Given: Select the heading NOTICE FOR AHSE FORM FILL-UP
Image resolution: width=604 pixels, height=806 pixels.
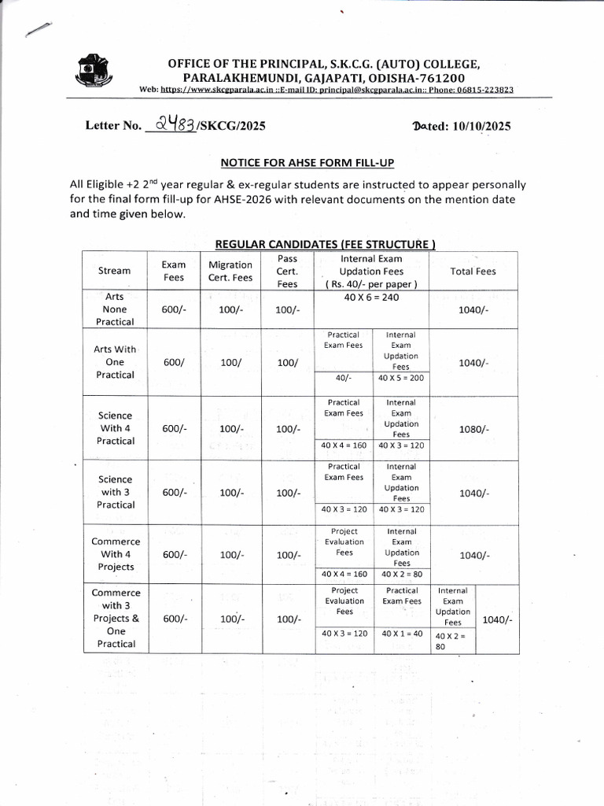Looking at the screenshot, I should (307, 162).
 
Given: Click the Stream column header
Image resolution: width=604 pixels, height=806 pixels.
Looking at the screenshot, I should (115, 271).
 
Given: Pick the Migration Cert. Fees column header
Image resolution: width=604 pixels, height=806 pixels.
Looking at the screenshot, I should (230, 271).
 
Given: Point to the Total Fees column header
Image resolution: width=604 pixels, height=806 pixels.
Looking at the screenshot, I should (473, 271).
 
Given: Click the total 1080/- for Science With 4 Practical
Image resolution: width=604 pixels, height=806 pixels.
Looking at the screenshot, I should (473, 429).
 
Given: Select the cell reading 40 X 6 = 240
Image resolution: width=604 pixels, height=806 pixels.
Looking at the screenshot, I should (371, 298).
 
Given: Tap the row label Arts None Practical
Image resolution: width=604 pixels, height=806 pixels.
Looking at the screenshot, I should (115, 309).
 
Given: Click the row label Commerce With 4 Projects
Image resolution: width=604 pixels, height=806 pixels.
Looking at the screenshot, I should (116, 554).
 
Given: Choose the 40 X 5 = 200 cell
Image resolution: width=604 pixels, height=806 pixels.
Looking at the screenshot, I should (400, 378).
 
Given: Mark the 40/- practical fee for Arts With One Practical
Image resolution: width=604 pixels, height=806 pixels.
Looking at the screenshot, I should (343, 378).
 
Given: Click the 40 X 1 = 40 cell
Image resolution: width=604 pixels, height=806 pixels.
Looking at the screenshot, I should (402, 633).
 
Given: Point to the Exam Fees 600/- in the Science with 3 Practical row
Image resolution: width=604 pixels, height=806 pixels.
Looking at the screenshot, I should (174, 493).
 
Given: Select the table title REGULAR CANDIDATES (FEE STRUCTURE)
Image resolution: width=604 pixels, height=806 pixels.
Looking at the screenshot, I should (325, 244).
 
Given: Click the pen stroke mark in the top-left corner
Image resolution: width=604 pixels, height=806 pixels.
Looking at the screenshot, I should (38, 28).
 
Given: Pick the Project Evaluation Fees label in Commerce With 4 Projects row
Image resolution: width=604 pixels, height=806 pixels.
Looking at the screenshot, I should (344, 542).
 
